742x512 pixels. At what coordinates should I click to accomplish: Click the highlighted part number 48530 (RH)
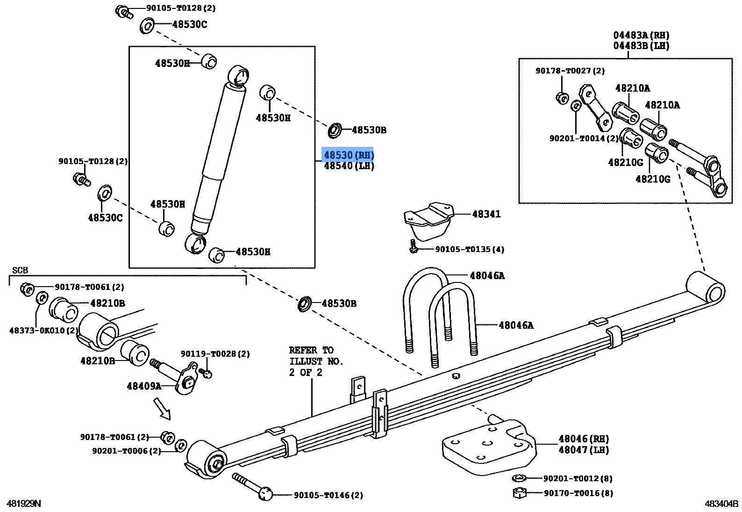(x=349, y=155)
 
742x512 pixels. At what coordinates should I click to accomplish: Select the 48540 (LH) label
(x=349, y=166)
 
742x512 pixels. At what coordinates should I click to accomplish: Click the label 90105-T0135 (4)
(x=469, y=250)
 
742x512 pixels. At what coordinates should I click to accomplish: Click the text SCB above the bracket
(x=20, y=271)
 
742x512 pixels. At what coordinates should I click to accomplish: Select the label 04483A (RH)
(x=641, y=35)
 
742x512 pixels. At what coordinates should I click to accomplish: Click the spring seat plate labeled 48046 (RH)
(x=488, y=444)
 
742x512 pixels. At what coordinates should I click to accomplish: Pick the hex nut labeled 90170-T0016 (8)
(x=520, y=493)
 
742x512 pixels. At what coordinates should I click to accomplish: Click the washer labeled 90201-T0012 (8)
(x=518, y=478)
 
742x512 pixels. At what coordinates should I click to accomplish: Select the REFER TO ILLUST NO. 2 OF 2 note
(x=316, y=361)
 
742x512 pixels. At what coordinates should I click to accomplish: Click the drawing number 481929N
(x=23, y=504)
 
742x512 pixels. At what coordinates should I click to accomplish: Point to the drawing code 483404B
(x=721, y=504)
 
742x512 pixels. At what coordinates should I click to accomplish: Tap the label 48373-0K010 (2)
(x=44, y=330)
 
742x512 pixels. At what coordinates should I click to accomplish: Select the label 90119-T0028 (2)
(x=215, y=354)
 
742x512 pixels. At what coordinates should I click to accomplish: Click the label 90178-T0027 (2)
(x=570, y=71)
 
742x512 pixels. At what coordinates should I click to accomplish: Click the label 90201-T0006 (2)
(x=126, y=451)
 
